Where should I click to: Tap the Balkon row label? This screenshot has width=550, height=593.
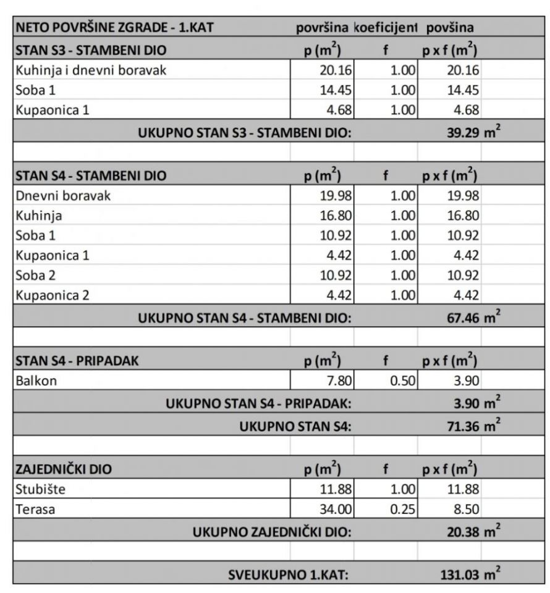[36, 381]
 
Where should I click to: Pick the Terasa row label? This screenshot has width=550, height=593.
[35, 510]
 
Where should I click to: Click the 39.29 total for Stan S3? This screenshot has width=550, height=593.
[463, 130]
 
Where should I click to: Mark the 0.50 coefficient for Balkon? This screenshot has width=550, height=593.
[402, 381]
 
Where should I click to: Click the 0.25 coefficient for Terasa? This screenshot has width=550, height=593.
[402, 510]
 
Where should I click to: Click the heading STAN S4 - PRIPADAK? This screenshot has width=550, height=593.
[77, 361]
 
